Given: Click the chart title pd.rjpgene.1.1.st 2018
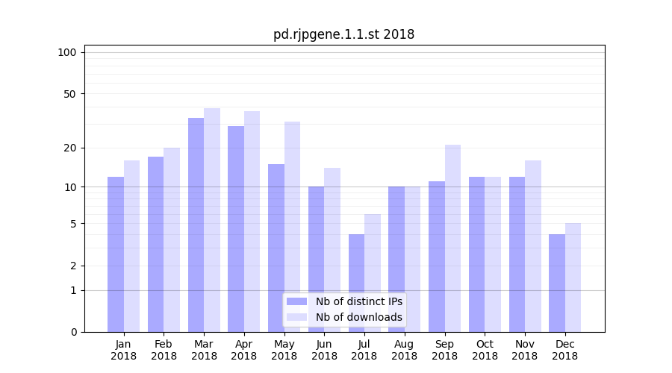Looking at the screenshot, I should pos(343,34).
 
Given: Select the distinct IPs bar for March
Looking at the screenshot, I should pos(196,225).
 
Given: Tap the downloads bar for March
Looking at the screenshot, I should pos(212,220).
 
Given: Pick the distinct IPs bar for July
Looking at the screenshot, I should pos(356,283).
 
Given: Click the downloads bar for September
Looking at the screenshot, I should pos(452,238).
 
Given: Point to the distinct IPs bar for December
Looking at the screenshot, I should pos(557,283).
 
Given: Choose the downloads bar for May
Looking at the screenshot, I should pos(292,227).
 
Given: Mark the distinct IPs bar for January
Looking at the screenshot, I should pos(116,254).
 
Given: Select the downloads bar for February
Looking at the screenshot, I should pos(172,239).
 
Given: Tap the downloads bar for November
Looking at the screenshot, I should pos(533,246).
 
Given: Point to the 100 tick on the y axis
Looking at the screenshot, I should pos(67,52).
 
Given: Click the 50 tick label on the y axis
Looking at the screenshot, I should pos(69,94).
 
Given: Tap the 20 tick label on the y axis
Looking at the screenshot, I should pos(69,148).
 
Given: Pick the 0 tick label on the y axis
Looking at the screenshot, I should pos(73,332).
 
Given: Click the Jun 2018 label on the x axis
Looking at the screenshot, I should pos(324,350).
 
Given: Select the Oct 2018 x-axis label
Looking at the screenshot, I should pos(485,350).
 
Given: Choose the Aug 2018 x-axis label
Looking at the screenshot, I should pos(404,350).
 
